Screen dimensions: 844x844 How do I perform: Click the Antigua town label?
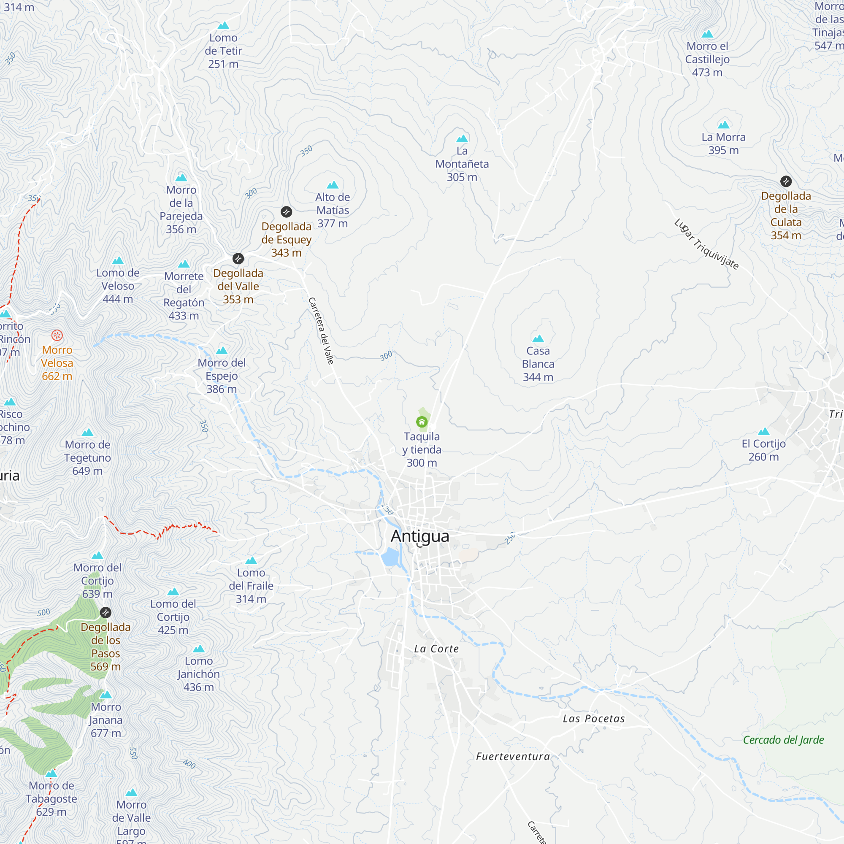420,536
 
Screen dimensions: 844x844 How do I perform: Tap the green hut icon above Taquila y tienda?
422,422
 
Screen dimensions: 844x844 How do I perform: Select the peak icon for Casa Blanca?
538,338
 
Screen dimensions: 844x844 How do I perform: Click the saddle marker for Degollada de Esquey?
286,212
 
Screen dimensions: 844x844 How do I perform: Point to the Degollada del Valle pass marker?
238,259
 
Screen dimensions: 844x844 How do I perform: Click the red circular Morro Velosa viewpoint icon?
57,335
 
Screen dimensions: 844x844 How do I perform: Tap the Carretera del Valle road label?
321,331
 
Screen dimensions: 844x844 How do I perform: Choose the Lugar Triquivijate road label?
706,245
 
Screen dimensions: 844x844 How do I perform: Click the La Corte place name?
436,649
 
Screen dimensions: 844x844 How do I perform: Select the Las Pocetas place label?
594,719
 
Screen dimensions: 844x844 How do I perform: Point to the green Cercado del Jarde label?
783,740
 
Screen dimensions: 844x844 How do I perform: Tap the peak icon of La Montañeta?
462,139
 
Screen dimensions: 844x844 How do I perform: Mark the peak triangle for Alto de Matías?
333,185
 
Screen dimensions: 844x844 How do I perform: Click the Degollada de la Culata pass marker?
786,181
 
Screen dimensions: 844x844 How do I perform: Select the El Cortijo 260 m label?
764,450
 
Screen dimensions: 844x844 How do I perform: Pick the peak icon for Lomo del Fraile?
251,560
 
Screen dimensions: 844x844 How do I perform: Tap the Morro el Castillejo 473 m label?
707,59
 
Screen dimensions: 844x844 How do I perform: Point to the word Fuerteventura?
513,757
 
